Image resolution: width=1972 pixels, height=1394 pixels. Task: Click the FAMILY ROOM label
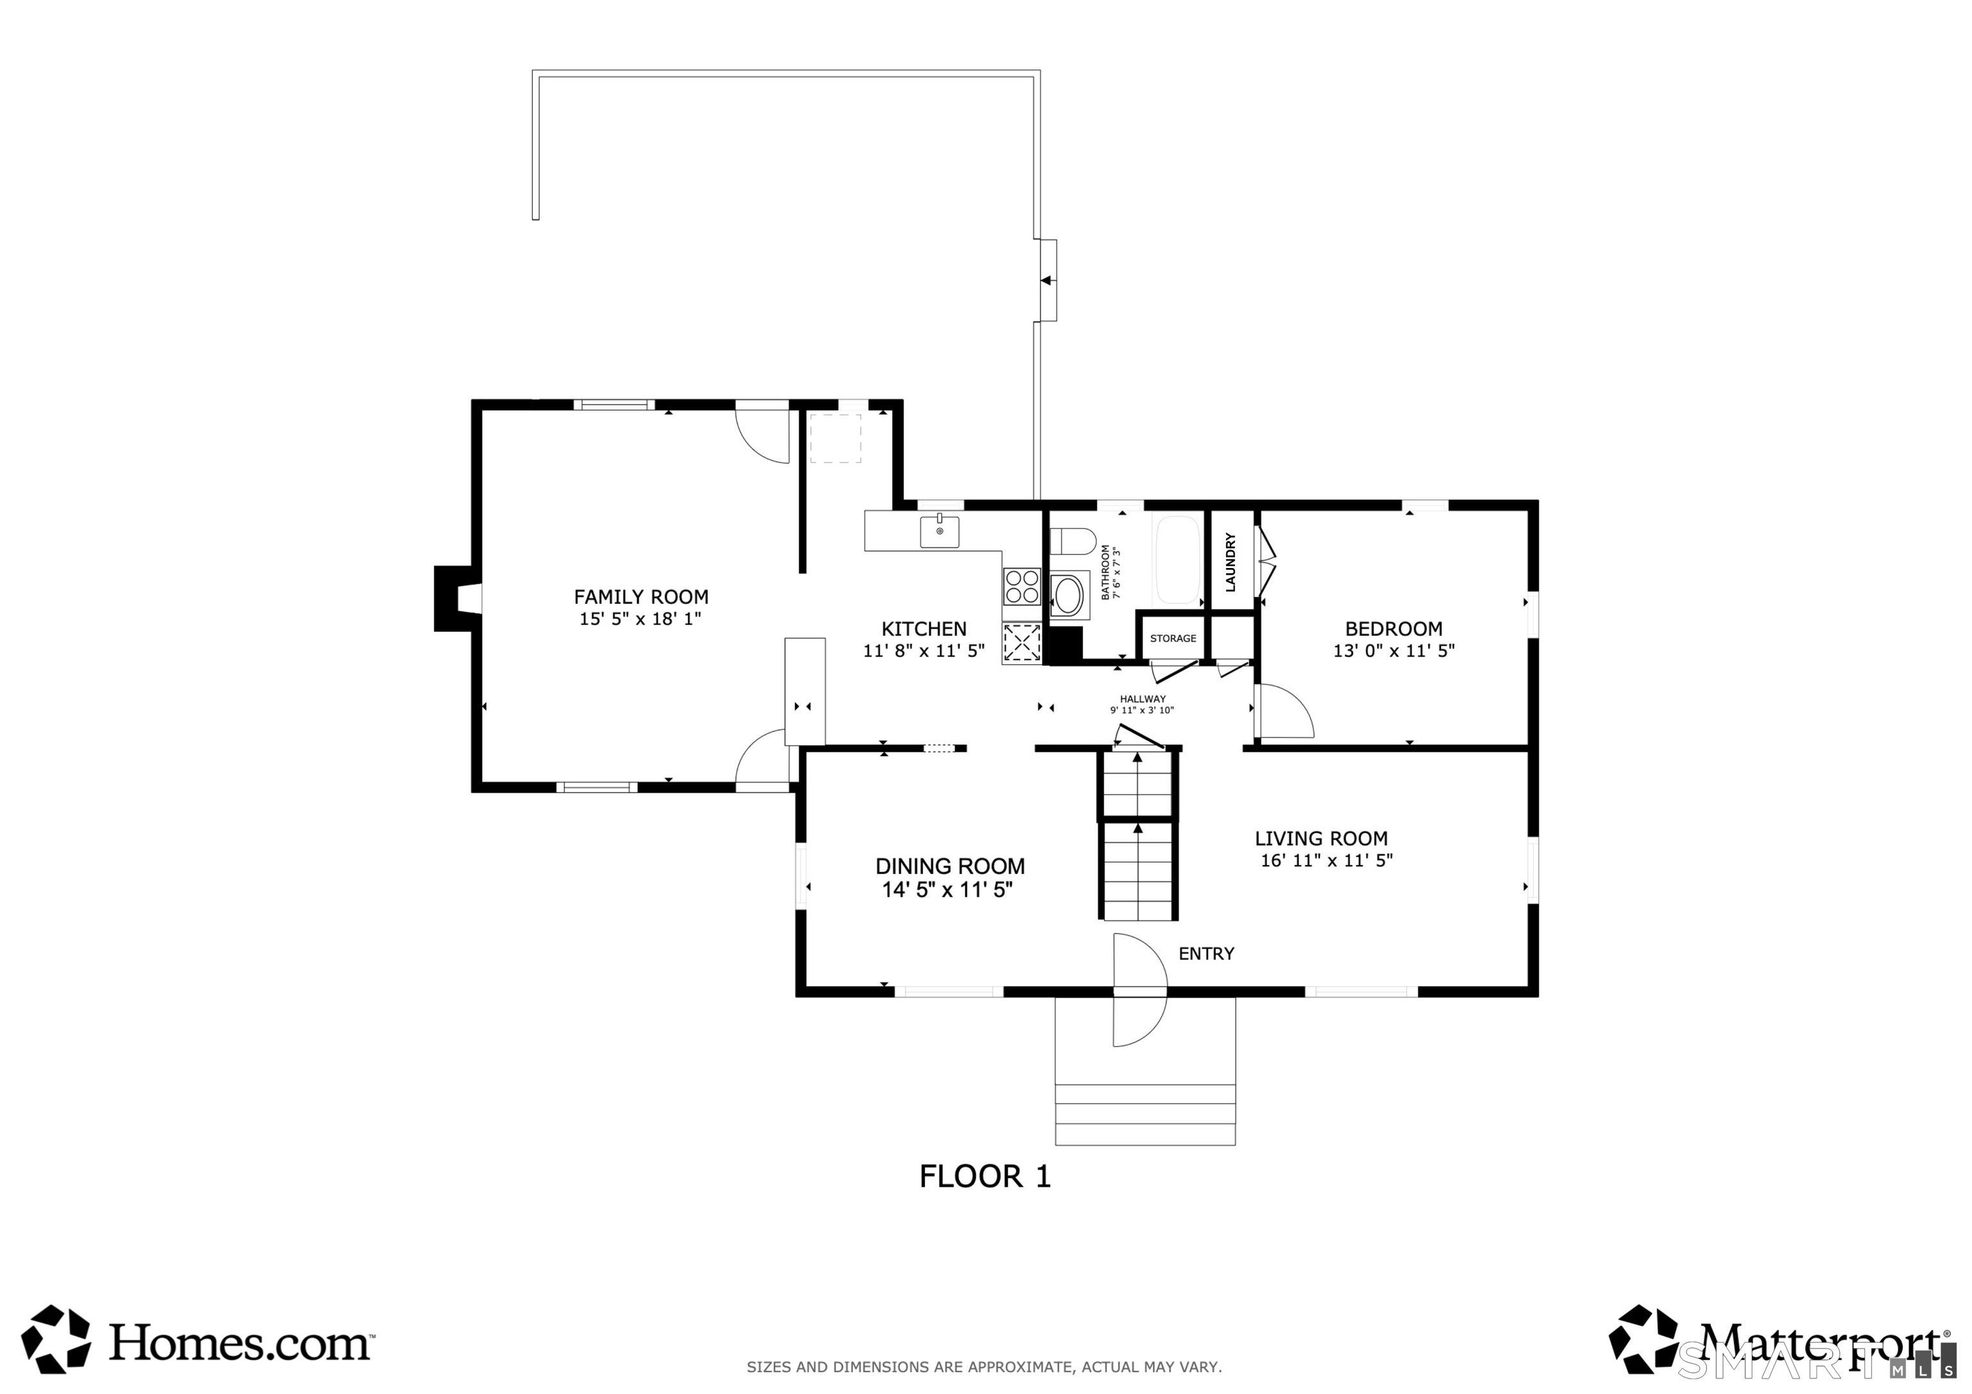point(641,597)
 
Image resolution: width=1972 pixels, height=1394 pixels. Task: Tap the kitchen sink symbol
point(940,531)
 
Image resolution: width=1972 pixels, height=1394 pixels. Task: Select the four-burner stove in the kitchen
point(1022,586)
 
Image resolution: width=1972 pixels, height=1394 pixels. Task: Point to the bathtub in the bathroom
point(1177,559)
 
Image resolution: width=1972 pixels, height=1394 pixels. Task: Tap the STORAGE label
point(1172,638)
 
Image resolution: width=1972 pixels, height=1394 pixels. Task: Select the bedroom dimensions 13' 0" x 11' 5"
point(1393,651)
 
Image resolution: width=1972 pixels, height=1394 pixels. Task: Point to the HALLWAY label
point(1143,699)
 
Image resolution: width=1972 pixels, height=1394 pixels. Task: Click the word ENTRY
point(1206,953)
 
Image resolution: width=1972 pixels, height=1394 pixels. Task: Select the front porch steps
point(1145,1114)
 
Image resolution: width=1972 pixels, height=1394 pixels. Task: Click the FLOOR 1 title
point(985,1176)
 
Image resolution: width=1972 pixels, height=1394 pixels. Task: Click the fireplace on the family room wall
point(453,599)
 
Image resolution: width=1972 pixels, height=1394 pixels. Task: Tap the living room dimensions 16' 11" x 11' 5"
point(1326,861)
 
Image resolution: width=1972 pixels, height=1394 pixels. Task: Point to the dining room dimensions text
point(947,890)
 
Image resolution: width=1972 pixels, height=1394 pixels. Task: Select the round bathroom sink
point(1068,595)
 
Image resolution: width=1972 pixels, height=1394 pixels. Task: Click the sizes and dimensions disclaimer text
point(984,1366)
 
